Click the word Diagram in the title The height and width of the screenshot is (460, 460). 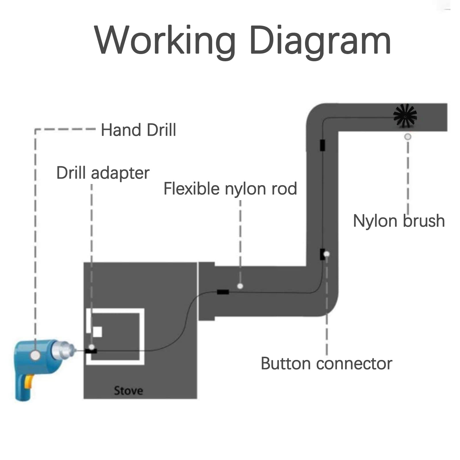coord(320,40)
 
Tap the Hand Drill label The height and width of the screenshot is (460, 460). coord(138,130)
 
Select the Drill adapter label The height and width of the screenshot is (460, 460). coord(103,173)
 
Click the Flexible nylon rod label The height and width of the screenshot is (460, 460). coord(230,189)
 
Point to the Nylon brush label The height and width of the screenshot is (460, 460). coord(399,221)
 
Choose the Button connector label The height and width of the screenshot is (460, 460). coord(326,363)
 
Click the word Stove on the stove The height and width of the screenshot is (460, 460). coord(128,390)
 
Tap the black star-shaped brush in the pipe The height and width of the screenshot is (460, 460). coord(405,116)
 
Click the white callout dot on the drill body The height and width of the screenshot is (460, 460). coord(35,355)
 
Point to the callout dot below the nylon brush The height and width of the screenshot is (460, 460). coord(408,137)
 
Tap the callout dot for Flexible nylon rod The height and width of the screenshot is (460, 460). coord(240,286)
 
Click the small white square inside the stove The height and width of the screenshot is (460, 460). coord(97,332)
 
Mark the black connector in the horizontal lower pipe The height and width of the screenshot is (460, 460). coord(223,292)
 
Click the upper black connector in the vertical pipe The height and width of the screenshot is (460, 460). coord(323,145)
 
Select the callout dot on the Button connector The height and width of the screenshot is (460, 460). coord(327,254)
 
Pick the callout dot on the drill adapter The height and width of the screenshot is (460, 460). coord(92,347)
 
